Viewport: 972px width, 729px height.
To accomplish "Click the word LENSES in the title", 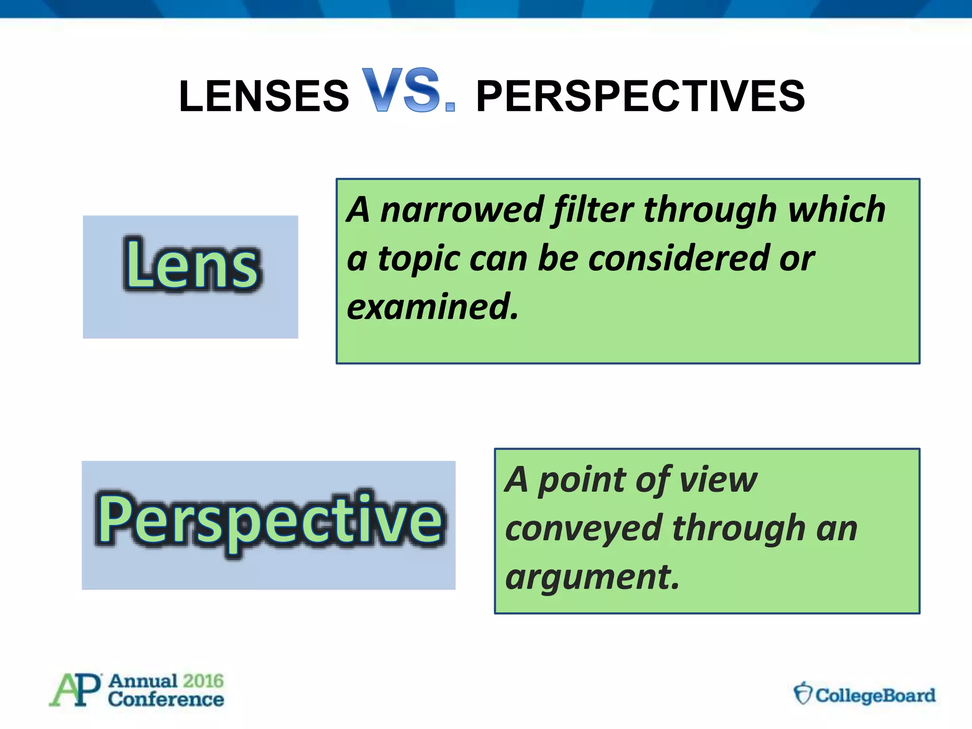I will click(x=264, y=96).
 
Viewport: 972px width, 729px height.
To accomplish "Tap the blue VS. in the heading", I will click(x=408, y=90).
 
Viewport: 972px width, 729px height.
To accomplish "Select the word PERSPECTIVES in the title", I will click(x=640, y=96).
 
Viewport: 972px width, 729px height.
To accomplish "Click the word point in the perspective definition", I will click(x=582, y=480).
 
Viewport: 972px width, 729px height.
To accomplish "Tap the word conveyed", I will click(x=583, y=528).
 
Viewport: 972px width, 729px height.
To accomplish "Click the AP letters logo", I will click(x=75, y=690).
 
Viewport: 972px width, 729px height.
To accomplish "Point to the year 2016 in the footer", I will click(x=203, y=681).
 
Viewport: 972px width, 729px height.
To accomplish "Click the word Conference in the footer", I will click(x=166, y=700).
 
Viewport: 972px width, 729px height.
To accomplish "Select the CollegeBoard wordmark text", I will click(x=876, y=696).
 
